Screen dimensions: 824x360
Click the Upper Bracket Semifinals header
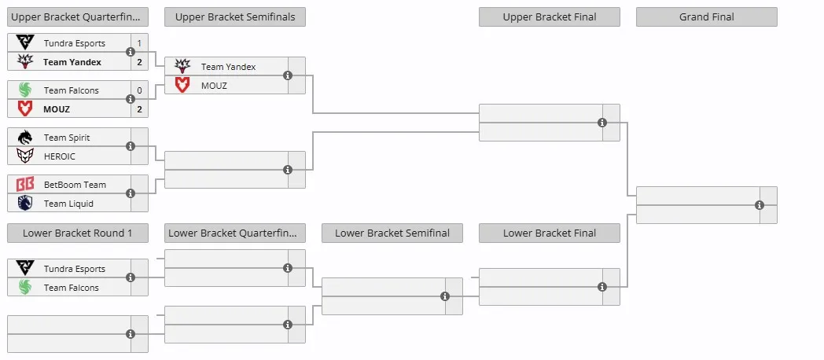click(x=235, y=17)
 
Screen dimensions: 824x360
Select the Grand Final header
click(x=706, y=17)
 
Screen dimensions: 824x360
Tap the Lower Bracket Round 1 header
click(x=78, y=233)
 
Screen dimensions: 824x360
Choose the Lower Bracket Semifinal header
click(x=392, y=233)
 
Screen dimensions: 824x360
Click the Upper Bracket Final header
click(x=549, y=17)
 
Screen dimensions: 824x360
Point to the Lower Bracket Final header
click(x=549, y=233)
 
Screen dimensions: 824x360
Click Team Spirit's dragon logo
click(x=24, y=138)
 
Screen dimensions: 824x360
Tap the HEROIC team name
click(x=60, y=156)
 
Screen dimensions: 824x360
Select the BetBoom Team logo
click(x=24, y=185)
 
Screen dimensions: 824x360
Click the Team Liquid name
click(x=68, y=204)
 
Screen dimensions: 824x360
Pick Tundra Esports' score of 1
click(x=139, y=43)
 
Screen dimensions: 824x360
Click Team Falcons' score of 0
click(x=139, y=90)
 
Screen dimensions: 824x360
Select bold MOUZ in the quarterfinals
click(x=57, y=109)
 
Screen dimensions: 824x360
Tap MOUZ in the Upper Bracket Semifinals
click(x=214, y=85)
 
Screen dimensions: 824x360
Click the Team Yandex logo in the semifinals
click(x=182, y=66)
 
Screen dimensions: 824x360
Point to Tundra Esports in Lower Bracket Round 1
click(x=75, y=269)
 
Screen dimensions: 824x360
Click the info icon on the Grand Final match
click(x=760, y=205)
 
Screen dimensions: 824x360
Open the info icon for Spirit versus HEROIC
click(x=131, y=146)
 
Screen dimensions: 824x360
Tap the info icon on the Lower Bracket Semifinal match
click(x=445, y=296)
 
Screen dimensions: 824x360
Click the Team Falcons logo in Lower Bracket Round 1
click(x=24, y=287)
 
